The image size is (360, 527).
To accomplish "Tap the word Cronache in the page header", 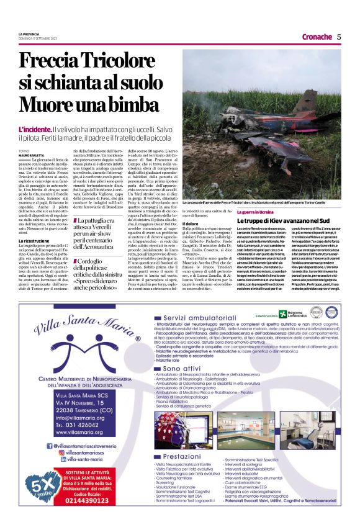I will point(317,37).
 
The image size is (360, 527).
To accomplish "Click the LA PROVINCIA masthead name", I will point(29,34).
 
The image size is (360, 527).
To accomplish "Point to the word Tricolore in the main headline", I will point(106,62).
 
